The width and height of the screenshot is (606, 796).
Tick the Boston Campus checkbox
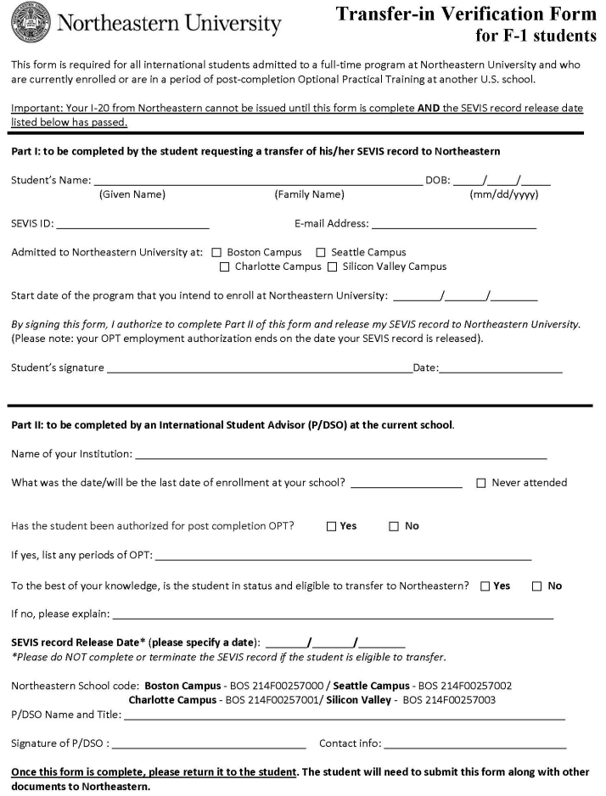coord(216,253)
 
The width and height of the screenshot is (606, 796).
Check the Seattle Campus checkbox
coord(321,253)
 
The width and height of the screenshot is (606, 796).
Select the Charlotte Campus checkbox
coord(224,266)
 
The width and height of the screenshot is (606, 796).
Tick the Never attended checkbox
coord(482,483)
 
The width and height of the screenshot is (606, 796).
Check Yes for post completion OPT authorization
coord(331,526)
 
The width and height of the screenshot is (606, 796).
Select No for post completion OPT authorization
coord(394,526)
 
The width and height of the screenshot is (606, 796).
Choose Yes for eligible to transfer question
coord(485,586)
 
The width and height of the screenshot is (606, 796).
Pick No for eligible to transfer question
coord(537,586)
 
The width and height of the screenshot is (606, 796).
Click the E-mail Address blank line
coord(453,227)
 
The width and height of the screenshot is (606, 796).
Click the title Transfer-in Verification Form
coord(466,14)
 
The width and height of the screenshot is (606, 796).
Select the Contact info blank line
coord(474,747)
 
